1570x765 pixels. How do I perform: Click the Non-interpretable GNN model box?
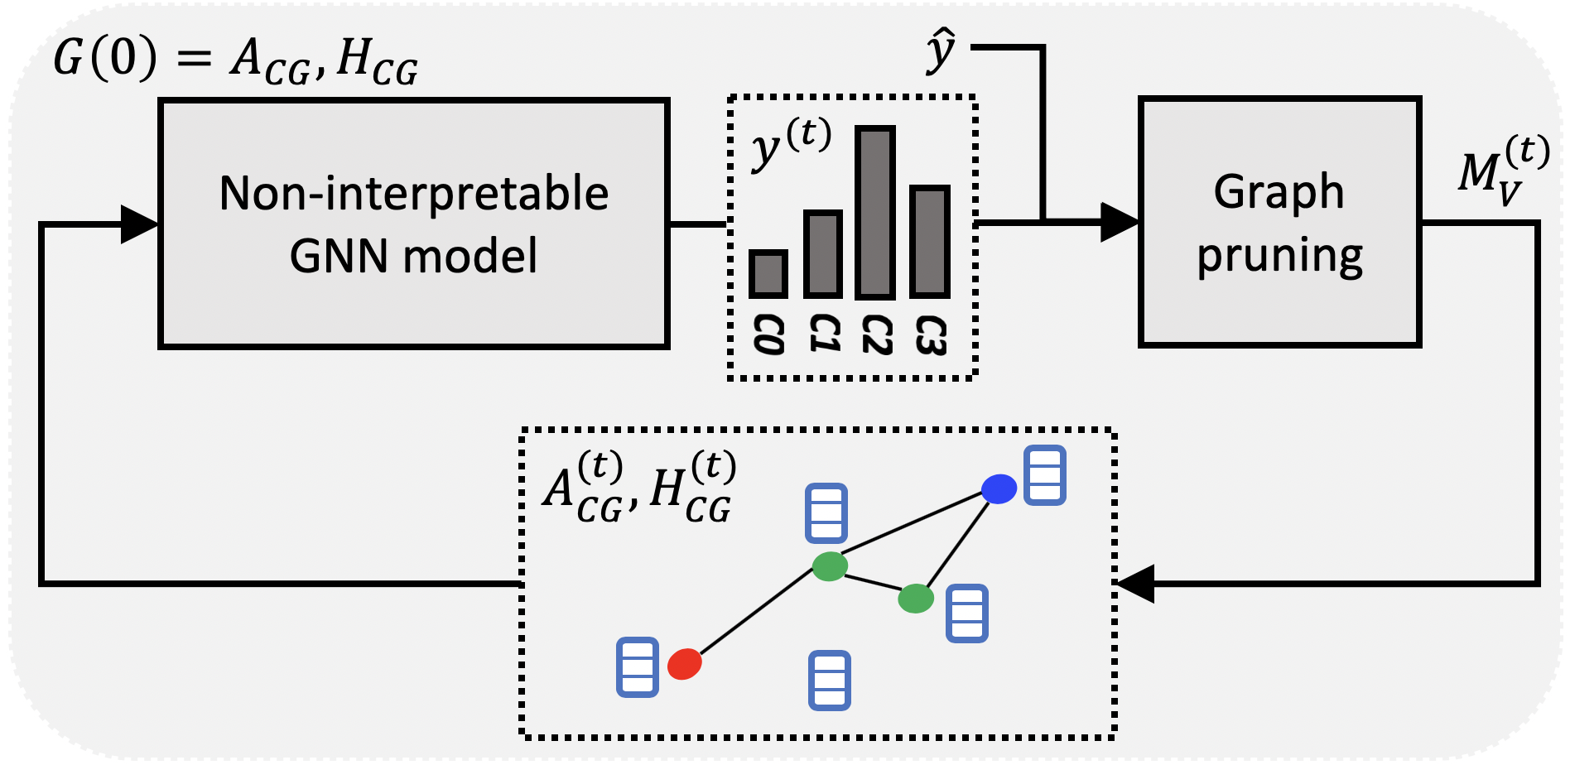click(413, 224)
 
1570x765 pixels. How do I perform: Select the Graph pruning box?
click(1279, 222)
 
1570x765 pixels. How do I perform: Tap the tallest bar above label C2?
click(875, 213)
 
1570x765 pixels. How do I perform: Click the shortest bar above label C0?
click(768, 274)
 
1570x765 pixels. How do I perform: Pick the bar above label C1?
click(822, 254)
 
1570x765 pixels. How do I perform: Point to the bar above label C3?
click(929, 242)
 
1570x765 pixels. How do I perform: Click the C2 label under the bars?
click(876, 335)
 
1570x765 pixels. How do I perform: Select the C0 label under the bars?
click(768, 335)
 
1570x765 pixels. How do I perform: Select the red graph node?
click(684, 664)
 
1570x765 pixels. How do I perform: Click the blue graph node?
click(999, 488)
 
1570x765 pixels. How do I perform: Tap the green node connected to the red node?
click(830, 566)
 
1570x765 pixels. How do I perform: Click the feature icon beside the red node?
click(638, 666)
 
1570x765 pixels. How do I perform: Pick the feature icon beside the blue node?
click(1044, 475)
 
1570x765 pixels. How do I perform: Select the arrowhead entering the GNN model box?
click(139, 224)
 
